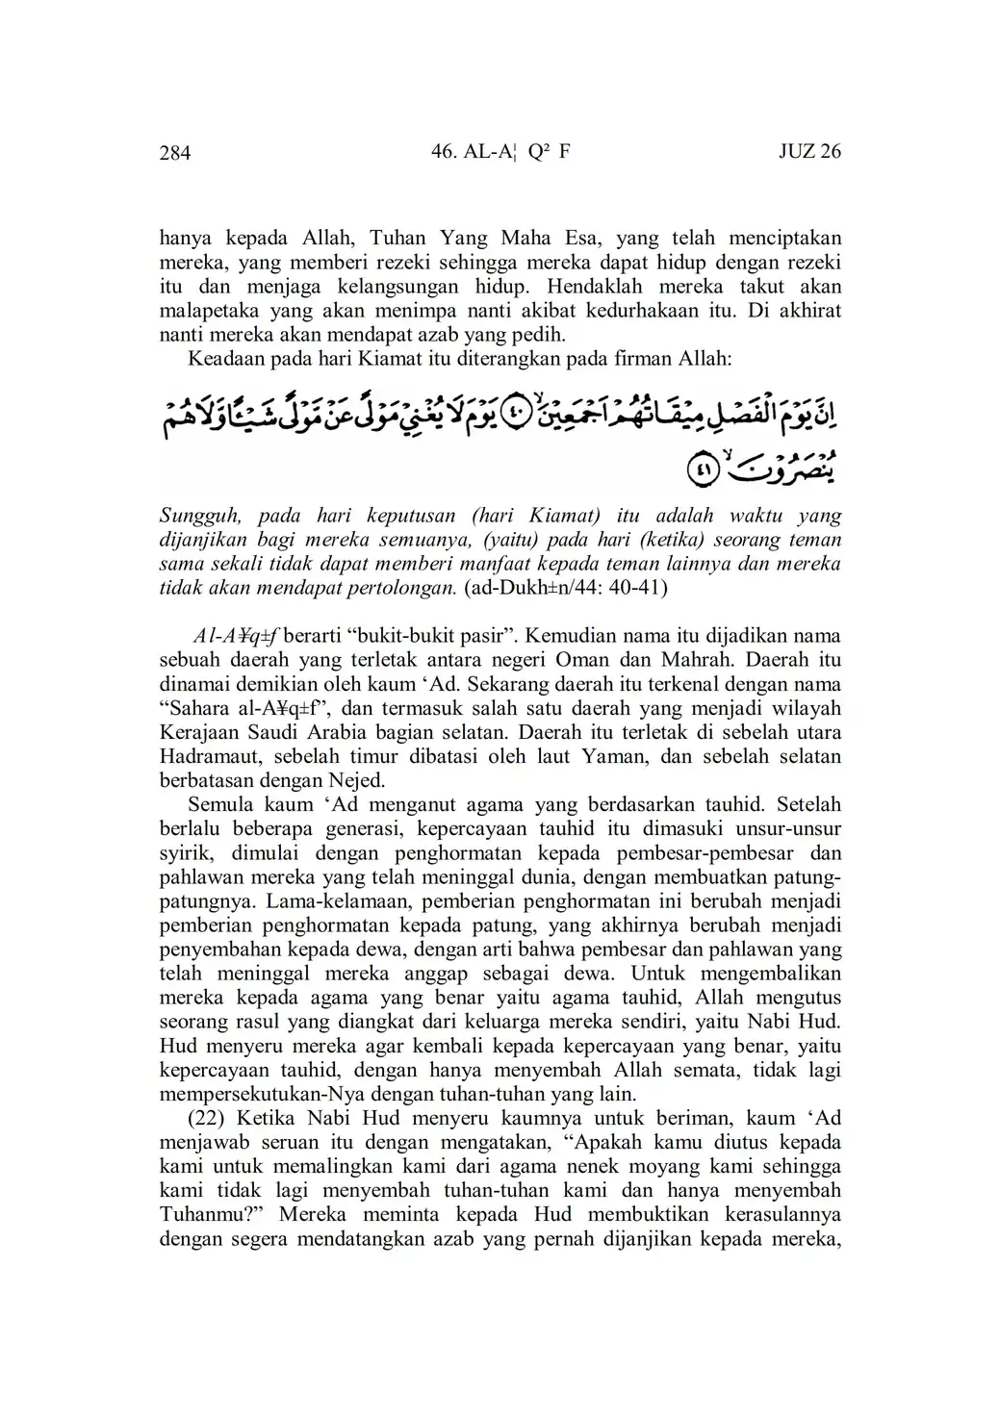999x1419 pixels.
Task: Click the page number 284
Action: click(175, 153)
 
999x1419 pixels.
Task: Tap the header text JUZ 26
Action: click(809, 152)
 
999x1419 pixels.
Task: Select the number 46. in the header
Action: click(449, 152)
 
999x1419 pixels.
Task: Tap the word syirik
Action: click(182, 852)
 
